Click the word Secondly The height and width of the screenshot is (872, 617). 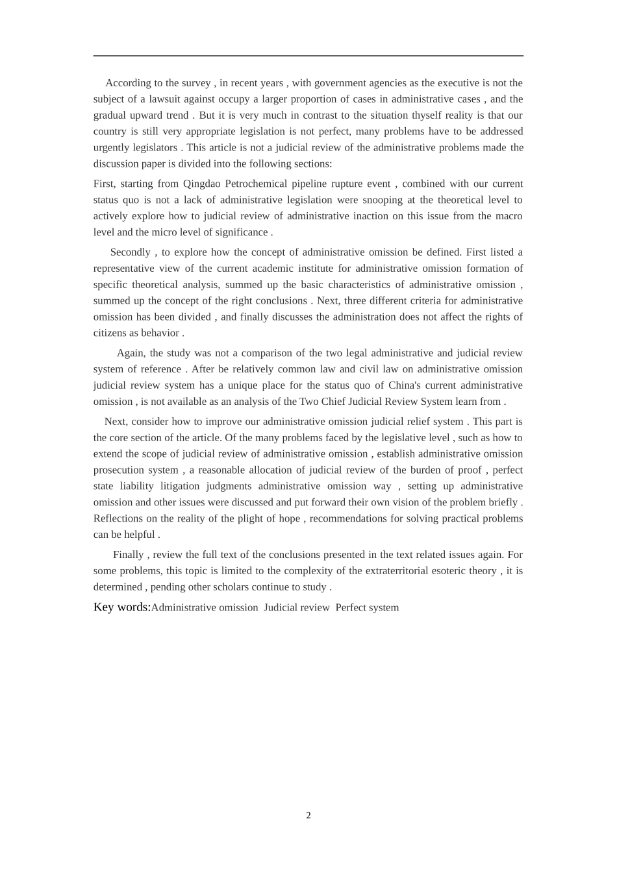130,252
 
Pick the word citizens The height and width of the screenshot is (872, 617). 112,333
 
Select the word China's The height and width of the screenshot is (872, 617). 405,385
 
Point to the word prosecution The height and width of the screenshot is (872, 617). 119,470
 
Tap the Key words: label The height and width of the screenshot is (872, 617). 122,607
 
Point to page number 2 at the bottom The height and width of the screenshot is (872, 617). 308,816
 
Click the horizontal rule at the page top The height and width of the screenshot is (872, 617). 308,56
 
